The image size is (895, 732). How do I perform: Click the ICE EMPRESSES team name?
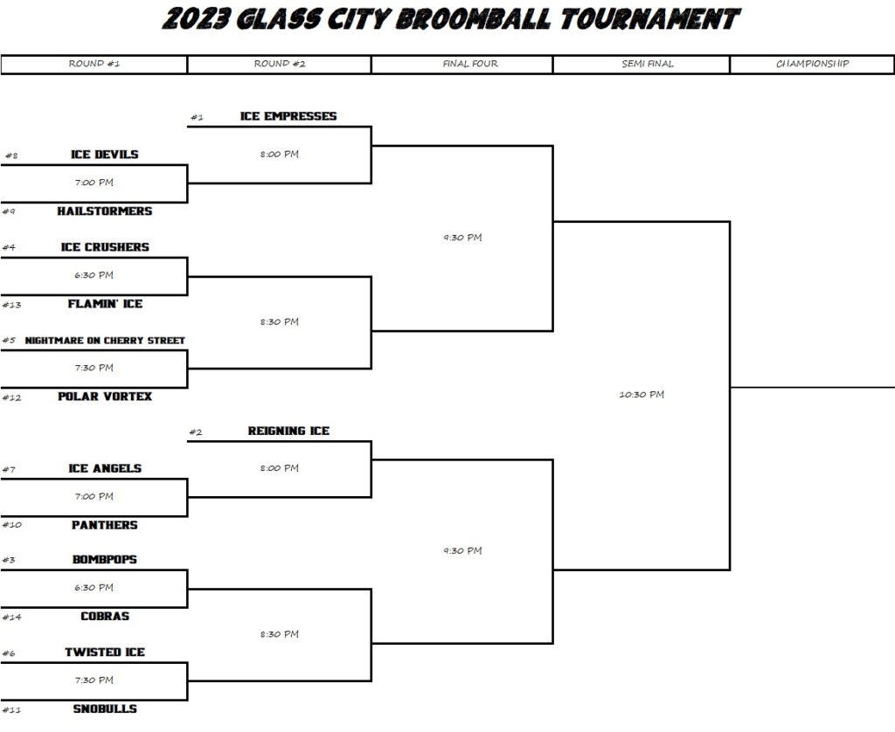point(288,116)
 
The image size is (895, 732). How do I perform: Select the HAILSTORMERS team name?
point(105,211)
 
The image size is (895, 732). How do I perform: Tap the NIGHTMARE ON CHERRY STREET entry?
point(105,341)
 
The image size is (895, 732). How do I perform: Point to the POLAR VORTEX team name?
point(105,397)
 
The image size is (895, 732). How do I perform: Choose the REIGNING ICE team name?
point(288,432)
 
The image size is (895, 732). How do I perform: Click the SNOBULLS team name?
point(105,708)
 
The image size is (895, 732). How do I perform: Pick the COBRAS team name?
point(105,616)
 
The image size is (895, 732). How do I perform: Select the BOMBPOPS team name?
point(105,560)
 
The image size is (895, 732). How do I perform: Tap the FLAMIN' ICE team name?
point(105,304)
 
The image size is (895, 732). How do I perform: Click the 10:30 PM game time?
point(642,394)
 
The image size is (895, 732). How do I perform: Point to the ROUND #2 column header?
point(280,64)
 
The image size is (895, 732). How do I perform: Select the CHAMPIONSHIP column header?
point(812,64)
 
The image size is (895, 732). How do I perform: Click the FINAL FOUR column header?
point(470,64)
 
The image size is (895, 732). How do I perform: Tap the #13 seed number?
point(11,305)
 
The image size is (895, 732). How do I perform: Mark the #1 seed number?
point(197,118)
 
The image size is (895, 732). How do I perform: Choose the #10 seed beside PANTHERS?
point(12,525)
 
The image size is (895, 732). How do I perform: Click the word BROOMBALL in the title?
point(474,19)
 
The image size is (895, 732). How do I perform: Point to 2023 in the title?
point(195,19)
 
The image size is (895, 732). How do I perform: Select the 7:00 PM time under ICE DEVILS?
point(94,183)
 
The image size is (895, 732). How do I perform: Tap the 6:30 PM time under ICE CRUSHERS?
point(94,275)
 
